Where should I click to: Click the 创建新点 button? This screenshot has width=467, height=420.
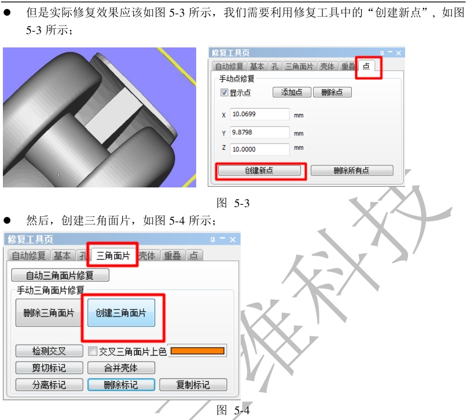[x=259, y=171]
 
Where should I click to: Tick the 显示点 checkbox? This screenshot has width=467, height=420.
[x=224, y=93]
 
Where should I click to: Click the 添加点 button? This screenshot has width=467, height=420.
[x=292, y=93]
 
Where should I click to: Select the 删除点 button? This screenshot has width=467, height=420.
[x=332, y=93]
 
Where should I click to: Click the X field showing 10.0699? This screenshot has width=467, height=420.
[x=259, y=115]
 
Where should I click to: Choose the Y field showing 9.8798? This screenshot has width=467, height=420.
[x=259, y=132]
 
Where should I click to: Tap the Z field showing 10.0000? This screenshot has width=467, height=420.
[x=259, y=149]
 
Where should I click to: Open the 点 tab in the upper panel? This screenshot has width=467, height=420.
[x=366, y=66]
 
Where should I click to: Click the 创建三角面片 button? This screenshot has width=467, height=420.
[x=121, y=313]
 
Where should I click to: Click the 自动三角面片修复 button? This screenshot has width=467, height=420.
[x=60, y=275]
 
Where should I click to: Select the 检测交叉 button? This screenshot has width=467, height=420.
[x=49, y=351]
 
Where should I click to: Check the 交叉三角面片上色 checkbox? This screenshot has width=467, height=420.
[x=93, y=351]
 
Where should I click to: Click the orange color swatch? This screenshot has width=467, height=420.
[x=197, y=351]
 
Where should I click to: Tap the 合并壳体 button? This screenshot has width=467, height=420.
[x=121, y=368]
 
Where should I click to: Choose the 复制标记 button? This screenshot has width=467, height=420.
[x=193, y=385]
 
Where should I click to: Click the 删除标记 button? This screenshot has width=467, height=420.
[x=121, y=385]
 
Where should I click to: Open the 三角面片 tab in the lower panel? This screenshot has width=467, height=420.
[x=113, y=255]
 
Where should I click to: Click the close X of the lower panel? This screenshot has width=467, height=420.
[x=233, y=240]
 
